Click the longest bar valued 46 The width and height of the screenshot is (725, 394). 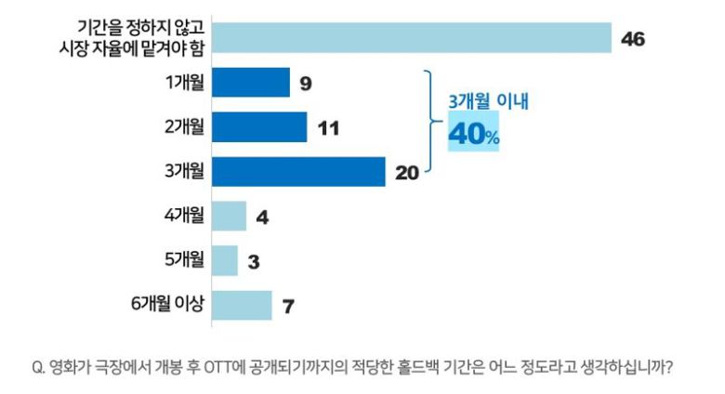[x=411, y=38]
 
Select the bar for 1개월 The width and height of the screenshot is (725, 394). [x=251, y=83]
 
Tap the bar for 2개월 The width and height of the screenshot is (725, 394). [x=259, y=127]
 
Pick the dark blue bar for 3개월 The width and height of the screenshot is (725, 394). [x=298, y=172]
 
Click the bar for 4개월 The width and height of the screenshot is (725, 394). [x=229, y=217]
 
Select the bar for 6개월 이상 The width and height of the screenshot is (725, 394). [x=242, y=305]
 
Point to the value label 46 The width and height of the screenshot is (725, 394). [x=633, y=39]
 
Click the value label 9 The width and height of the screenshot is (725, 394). [x=305, y=84]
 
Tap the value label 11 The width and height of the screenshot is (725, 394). [x=327, y=128]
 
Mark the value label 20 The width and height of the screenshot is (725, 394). [x=407, y=172]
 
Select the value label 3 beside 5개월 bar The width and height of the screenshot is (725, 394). [x=254, y=261]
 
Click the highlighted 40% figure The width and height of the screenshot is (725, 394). [x=474, y=136]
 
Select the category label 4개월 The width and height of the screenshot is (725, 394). [x=183, y=216]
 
